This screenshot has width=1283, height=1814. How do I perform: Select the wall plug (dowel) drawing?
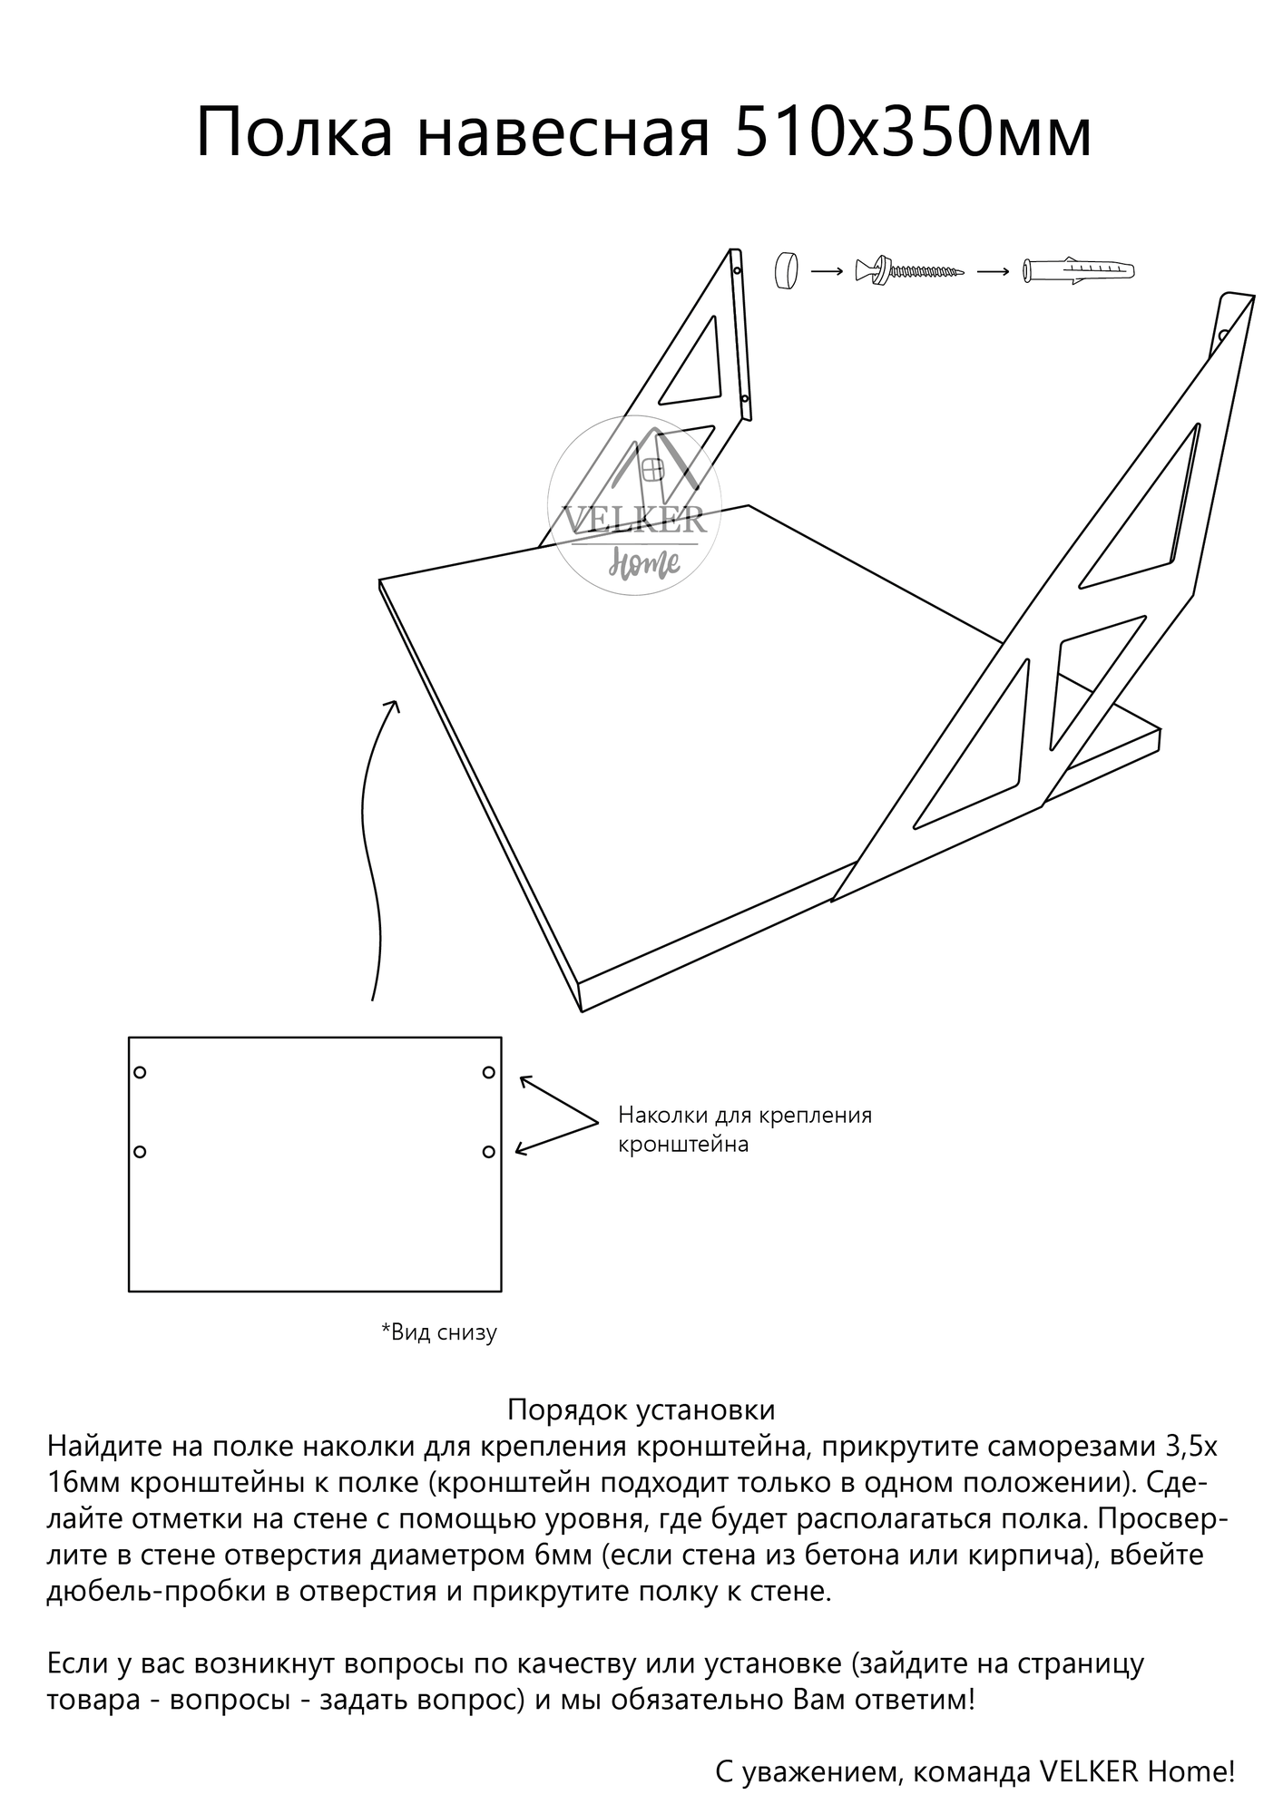click(1079, 271)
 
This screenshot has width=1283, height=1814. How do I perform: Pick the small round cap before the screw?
click(786, 270)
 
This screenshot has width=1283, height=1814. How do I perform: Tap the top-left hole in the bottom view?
click(140, 1072)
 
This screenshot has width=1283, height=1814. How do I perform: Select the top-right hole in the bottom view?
click(488, 1072)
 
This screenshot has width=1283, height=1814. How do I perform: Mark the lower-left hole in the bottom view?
click(140, 1152)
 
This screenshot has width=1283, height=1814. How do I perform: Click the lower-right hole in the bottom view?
click(488, 1152)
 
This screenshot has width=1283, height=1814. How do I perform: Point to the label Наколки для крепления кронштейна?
click(744, 1129)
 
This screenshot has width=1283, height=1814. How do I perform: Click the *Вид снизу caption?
click(439, 1332)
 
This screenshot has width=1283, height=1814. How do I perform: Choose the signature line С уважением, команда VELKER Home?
click(974, 1771)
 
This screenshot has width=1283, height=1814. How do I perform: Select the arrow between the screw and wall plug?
click(994, 271)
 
